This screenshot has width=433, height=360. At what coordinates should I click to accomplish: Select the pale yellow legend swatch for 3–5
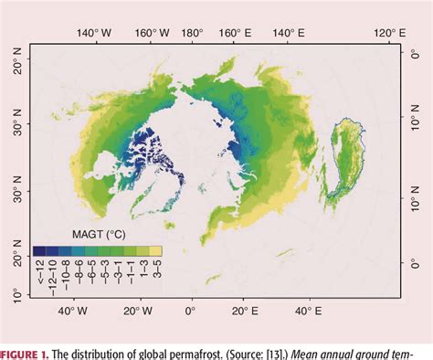(x=156, y=249)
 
